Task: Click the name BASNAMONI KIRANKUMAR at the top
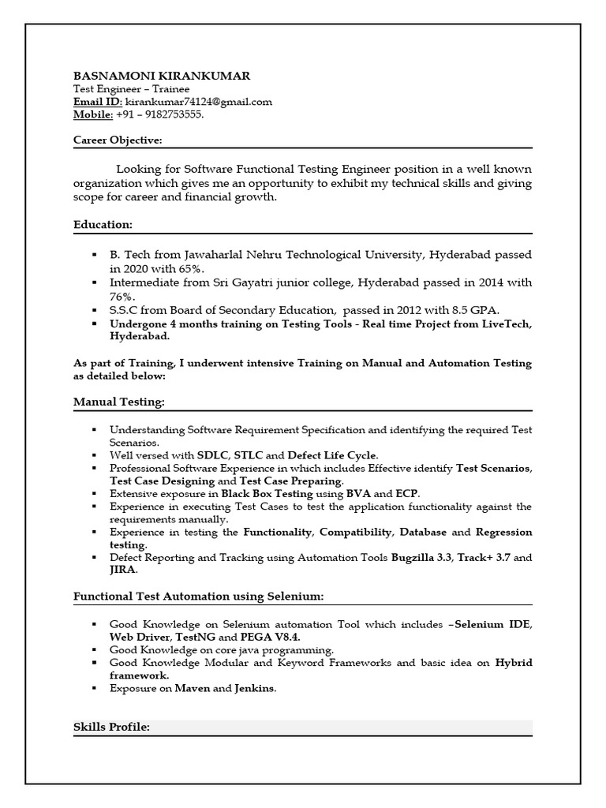click(162, 76)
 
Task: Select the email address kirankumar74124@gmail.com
click(199, 102)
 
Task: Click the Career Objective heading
click(118, 140)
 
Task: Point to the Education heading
click(103, 225)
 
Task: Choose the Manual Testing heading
click(119, 402)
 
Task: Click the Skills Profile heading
click(111, 726)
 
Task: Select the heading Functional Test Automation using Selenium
click(198, 596)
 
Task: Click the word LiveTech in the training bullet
click(507, 324)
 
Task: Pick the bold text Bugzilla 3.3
click(421, 558)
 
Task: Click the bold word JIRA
click(123, 570)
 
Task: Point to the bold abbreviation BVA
click(360, 493)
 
